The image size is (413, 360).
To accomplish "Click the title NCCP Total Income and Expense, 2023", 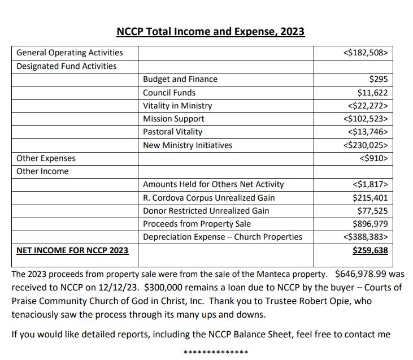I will (210, 31).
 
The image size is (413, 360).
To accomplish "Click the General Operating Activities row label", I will (69, 53).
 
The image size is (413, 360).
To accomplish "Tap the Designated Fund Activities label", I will (67, 66).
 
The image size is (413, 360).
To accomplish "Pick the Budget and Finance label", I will (180, 80).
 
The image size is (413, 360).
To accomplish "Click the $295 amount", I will (378, 80).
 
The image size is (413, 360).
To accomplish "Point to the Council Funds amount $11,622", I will (372, 93).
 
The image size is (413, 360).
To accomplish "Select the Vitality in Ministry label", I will (177, 106).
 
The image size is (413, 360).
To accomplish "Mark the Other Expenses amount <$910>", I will (373, 158).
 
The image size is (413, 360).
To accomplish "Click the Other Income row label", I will (42, 171).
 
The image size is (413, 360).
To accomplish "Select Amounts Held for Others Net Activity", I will (214, 184).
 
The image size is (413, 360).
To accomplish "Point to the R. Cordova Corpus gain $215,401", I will (369, 197).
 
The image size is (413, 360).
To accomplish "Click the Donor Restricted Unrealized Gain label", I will (206, 210).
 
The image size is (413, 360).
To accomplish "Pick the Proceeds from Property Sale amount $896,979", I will (369, 224).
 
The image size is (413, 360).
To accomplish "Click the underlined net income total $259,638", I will (370, 250).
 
